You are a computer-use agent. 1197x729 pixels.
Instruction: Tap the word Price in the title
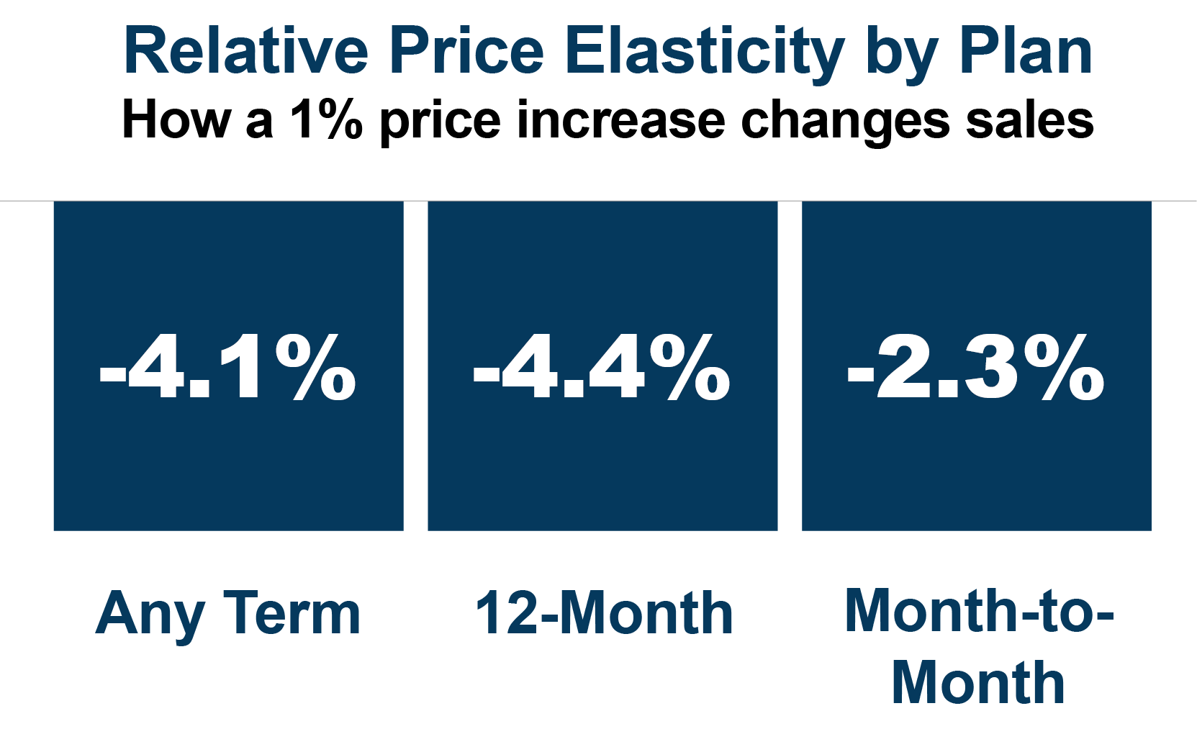pyautogui.click(x=466, y=52)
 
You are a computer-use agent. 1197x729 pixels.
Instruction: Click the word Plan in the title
pyautogui.click(x=1025, y=52)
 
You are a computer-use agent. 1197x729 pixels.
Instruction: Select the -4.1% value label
pyautogui.click(x=228, y=368)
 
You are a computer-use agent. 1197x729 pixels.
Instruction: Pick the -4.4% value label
pyautogui.click(x=602, y=368)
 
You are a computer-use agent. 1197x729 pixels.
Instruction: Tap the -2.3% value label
pyautogui.click(x=976, y=368)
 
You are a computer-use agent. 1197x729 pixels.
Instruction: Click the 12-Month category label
pyautogui.click(x=604, y=614)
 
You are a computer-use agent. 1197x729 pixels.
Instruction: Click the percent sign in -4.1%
pyautogui.click(x=316, y=368)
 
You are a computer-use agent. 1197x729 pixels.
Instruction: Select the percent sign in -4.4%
pyautogui.click(x=690, y=368)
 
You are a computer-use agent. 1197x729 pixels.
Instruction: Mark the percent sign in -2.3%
pyautogui.click(x=1065, y=368)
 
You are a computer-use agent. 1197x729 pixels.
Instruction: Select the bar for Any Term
pyautogui.click(x=228, y=468)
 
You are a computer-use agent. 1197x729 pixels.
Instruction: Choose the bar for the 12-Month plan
pyautogui.click(x=602, y=468)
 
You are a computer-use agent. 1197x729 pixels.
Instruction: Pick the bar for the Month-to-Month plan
pyautogui.click(x=976, y=468)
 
